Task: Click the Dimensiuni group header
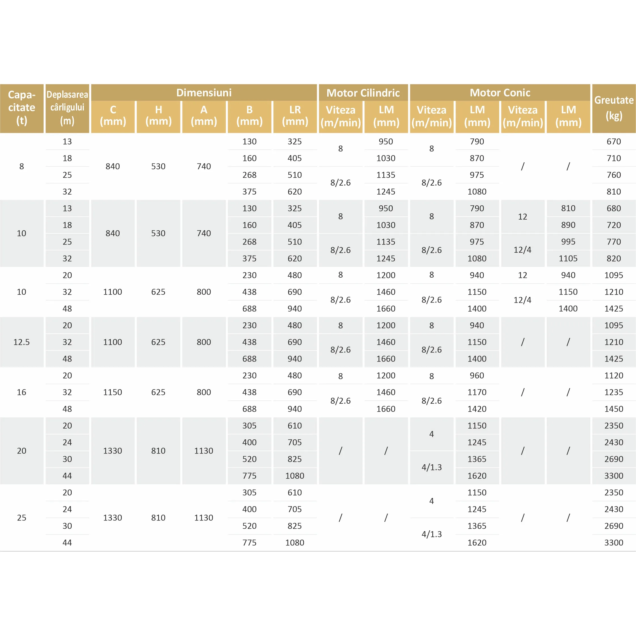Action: pos(204,93)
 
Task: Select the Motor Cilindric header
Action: pos(363,93)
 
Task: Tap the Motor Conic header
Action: pos(500,93)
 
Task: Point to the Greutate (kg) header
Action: pos(614,108)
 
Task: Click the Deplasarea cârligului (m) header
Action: pos(67,108)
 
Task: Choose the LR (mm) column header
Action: pos(295,116)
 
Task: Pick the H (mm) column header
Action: pos(158,116)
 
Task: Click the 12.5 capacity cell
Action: pos(22,342)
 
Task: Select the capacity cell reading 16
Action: pos(22,392)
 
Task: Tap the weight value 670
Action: pos(614,142)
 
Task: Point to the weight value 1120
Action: pos(614,376)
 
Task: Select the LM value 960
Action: pos(477,376)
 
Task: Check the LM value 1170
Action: pos(477,392)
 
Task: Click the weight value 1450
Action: pos(614,409)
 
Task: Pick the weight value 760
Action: pos(614,175)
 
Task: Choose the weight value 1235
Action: pos(614,392)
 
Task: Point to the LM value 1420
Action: pos(477,409)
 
